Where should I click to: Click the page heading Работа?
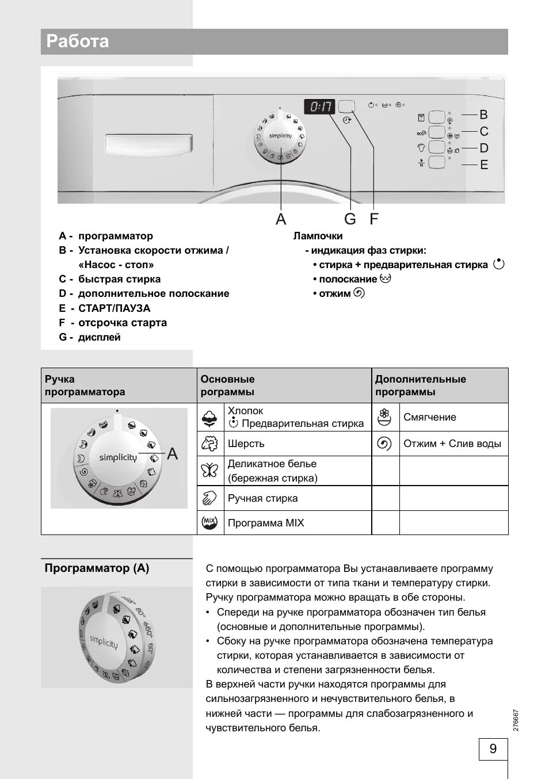tap(78, 41)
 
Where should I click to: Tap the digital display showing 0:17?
tap(320, 106)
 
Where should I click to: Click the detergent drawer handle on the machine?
tap(149, 144)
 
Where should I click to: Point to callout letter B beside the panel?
tap(483, 114)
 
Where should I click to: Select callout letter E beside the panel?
tap(484, 165)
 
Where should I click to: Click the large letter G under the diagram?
tap(350, 219)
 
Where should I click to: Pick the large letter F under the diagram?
tap(374, 219)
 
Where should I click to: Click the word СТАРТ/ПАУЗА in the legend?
tap(114, 308)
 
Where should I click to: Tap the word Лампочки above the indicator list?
tap(318, 236)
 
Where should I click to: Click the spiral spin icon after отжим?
tap(359, 293)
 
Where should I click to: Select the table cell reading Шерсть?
tap(246, 444)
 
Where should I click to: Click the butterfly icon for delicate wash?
tap(209, 471)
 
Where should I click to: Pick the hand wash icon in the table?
tap(209, 498)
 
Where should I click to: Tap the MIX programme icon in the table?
tap(209, 522)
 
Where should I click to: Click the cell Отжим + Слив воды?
tap(452, 444)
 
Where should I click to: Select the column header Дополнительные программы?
tap(420, 385)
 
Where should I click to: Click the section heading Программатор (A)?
tap(97, 568)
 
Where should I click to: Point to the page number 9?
tap(493, 749)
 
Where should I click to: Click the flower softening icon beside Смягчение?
tap(384, 417)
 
